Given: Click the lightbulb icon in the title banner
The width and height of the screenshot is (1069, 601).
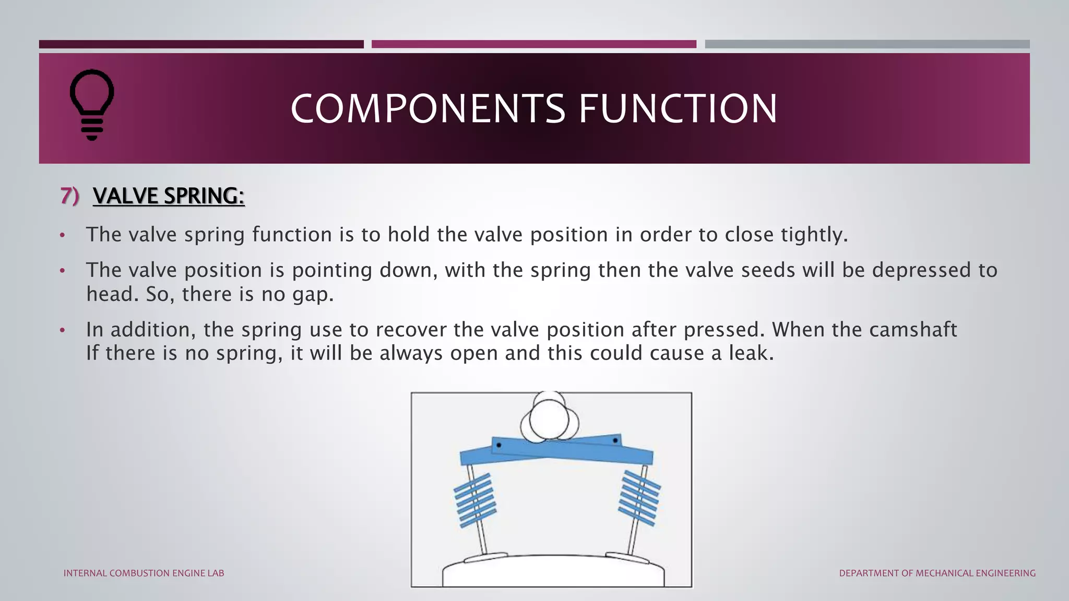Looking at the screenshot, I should click(x=92, y=104).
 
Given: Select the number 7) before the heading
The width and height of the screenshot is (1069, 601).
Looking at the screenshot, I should click(x=69, y=196).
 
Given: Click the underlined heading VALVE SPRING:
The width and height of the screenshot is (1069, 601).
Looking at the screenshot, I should click(x=169, y=196).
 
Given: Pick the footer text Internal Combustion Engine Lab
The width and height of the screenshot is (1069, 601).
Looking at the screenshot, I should click(x=144, y=573).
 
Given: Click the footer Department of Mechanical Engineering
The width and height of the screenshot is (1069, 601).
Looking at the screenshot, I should click(x=937, y=573).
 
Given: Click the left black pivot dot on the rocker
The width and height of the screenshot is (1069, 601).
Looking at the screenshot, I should click(x=499, y=445).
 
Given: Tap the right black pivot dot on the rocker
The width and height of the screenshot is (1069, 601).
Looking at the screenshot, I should click(x=615, y=441).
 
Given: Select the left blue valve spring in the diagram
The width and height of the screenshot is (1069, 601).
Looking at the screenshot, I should click(x=474, y=500).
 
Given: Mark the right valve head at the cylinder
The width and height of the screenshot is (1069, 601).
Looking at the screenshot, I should click(x=626, y=557).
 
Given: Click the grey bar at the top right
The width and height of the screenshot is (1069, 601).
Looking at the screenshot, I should click(x=867, y=44).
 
